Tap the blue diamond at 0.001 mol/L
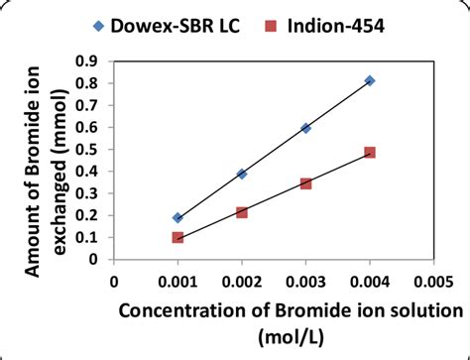point(177,217)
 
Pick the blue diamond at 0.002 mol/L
point(242,174)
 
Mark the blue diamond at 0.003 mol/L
point(305,128)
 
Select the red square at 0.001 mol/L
point(177,238)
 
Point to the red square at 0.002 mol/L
point(242,212)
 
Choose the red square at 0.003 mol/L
point(305,183)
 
